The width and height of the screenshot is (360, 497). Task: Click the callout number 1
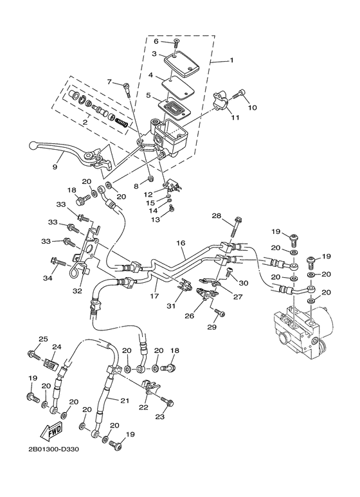pyautogui.click(x=231, y=60)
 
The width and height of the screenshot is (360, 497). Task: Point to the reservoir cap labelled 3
pyautogui.click(x=182, y=62)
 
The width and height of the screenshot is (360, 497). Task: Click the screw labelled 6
pyautogui.click(x=175, y=45)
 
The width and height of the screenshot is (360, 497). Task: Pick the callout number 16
pyautogui.click(x=180, y=243)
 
